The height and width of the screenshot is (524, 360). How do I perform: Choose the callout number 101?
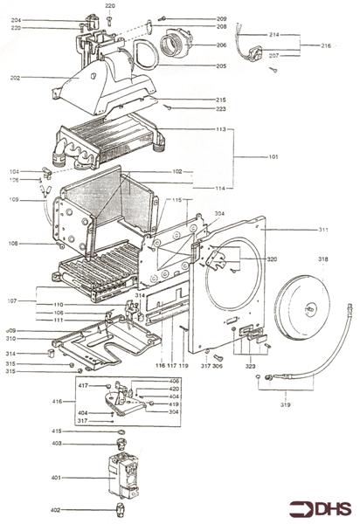pyautogui.click(x=275, y=158)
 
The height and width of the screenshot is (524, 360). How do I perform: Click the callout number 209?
pyautogui.click(x=221, y=18)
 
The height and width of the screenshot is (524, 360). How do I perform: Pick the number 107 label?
pyautogui.click(x=13, y=302)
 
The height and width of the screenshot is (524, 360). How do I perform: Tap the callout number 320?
pyautogui.click(x=272, y=259)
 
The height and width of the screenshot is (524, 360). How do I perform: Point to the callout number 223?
pyautogui.click(x=221, y=109)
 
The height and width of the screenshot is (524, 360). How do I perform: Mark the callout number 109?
pyautogui.click(x=13, y=201)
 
